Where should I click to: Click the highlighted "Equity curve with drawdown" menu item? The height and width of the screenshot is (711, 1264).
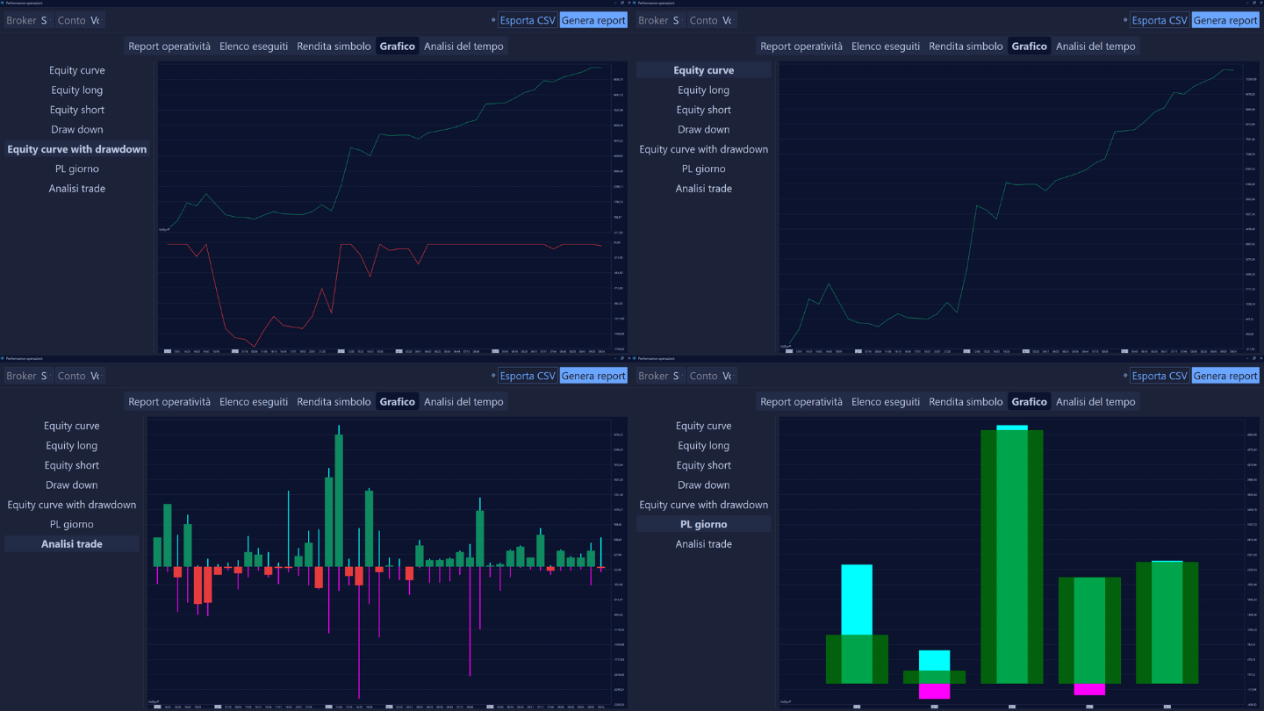point(77,149)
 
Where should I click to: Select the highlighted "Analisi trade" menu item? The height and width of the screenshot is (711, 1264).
point(72,544)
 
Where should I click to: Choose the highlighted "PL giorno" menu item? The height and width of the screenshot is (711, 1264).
point(703,524)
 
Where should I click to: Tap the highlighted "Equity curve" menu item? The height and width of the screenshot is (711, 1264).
point(703,70)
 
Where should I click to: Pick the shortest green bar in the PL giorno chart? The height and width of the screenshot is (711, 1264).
point(934,677)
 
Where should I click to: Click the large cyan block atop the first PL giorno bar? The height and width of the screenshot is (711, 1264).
point(857,599)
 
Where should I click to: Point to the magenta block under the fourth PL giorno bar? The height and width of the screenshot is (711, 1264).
point(1089,689)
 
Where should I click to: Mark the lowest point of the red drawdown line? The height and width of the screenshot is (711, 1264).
point(255,346)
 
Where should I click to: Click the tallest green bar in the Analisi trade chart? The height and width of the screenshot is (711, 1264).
point(339,500)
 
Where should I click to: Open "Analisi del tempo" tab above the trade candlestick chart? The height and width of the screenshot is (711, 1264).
point(463,402)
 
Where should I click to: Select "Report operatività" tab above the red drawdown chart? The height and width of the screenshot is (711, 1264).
point(169,47)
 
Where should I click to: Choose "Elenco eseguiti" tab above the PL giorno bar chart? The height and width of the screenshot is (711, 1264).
point(886,402)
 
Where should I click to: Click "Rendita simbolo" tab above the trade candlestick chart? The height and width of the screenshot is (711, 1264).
point(334,402)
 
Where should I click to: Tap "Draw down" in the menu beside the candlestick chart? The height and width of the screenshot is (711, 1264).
point(72,485)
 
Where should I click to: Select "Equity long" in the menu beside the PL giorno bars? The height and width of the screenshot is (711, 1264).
point(703,446)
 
